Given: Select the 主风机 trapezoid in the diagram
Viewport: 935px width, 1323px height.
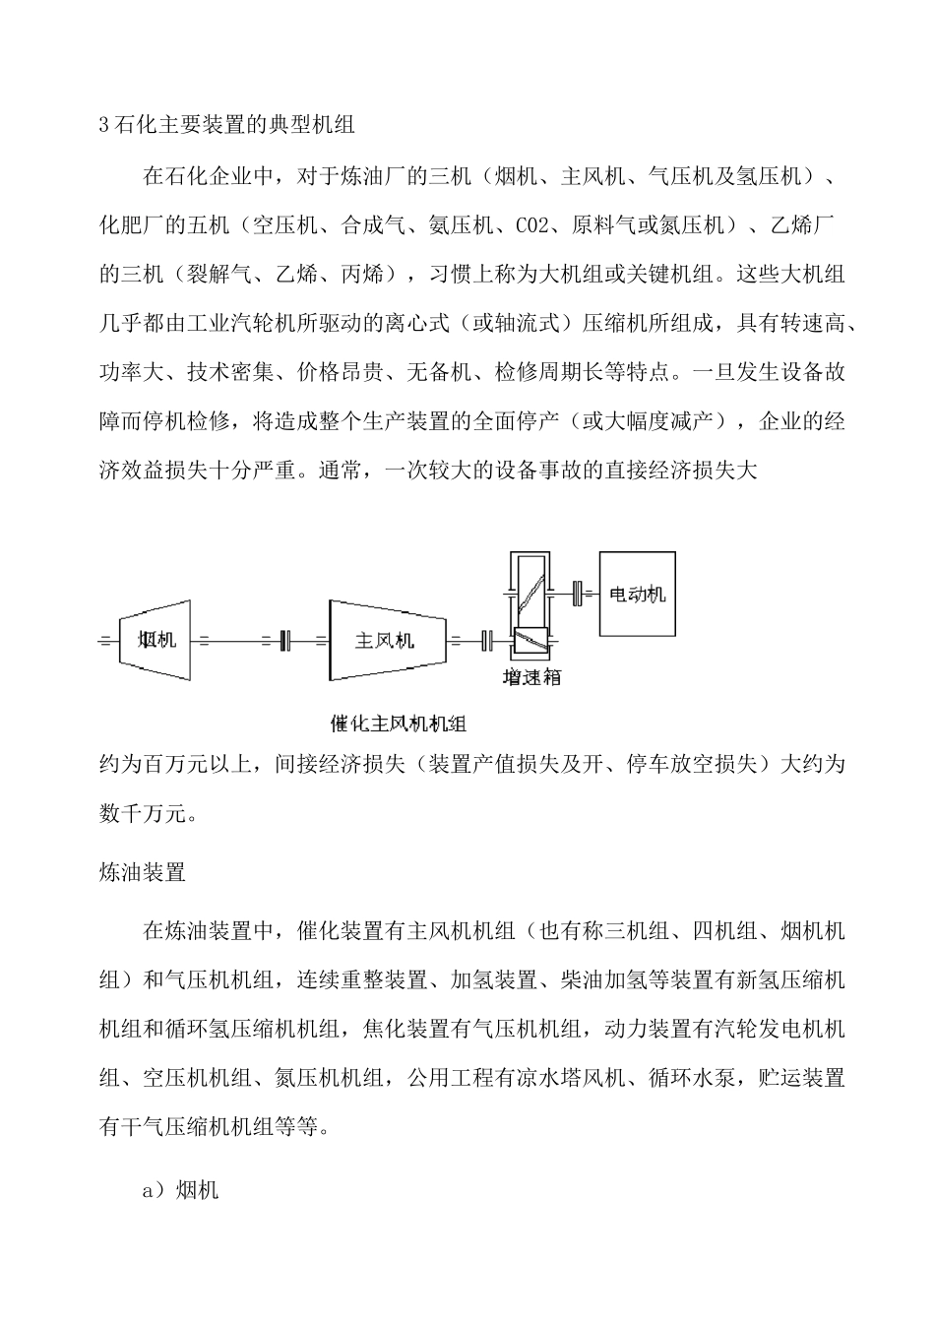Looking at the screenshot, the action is [385, 641].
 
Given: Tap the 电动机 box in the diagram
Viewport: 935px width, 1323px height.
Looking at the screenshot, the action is [638, 595].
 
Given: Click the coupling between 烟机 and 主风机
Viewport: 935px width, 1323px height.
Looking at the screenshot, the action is [286, 641].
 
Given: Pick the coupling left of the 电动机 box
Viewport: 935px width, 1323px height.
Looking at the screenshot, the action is [578, 594].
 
